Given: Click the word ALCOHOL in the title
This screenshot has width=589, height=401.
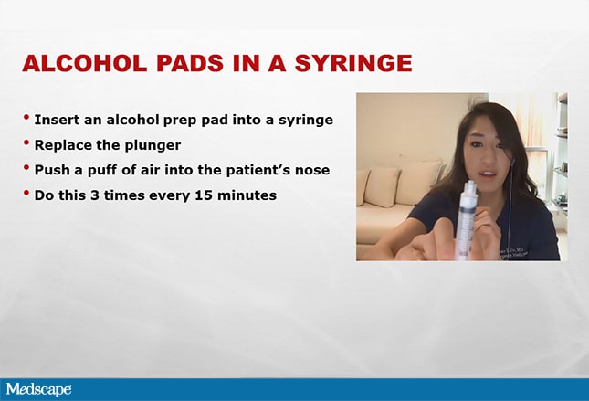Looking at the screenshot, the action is click(85, 63).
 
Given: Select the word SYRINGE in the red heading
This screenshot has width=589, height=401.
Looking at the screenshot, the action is click(353, 63).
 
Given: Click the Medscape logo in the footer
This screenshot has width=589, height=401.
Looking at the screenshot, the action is click(38, 389).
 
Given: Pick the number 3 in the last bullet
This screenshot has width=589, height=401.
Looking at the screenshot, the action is click(94, 195).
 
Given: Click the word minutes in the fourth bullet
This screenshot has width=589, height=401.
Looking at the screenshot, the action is click(247, 195).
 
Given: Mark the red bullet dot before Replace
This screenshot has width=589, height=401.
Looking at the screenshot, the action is click(26, 142).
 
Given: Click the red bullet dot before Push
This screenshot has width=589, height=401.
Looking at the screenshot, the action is click(26, 167).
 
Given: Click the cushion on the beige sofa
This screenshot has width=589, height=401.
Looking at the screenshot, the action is click(381, 186).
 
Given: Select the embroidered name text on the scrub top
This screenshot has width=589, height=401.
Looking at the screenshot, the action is click(513, 252).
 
